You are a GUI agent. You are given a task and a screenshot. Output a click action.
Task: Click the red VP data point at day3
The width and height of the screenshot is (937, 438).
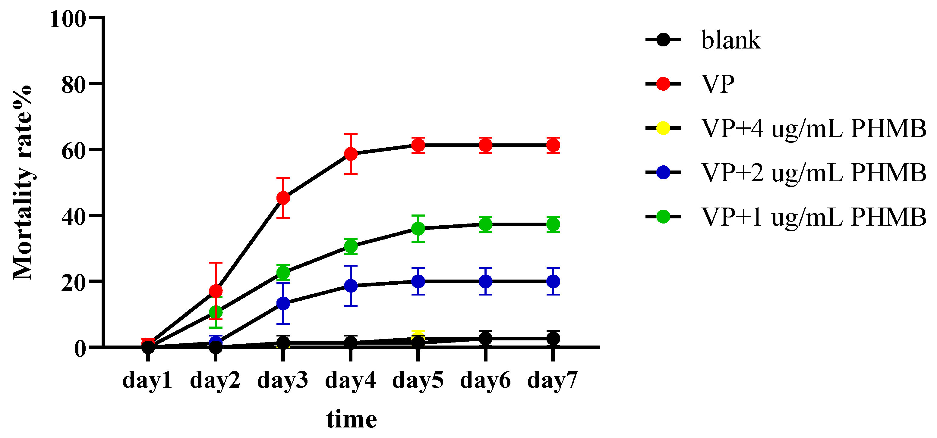(283, 198)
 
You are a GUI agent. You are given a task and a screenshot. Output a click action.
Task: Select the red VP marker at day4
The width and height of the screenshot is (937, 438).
(351, 154)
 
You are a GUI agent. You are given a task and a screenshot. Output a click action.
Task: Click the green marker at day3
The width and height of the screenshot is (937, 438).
(283, 273)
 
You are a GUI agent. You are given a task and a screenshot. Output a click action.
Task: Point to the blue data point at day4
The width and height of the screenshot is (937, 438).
(351, 286)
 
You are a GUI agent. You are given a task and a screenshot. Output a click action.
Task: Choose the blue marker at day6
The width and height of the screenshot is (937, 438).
(485, 281)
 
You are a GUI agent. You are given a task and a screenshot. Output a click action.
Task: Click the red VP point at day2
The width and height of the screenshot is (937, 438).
(216, 291)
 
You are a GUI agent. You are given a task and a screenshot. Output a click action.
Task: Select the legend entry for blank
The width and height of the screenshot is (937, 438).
(730, 40)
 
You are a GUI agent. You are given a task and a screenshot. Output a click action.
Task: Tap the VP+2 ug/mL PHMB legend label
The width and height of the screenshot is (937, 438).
(813, 173)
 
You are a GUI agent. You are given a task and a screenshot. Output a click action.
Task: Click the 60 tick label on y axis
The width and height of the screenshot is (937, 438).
(74, 151)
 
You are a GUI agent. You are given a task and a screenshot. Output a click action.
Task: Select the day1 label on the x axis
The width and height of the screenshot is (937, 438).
(147, 380)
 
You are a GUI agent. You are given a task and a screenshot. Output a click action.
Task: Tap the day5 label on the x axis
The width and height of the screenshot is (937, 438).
(418, 380)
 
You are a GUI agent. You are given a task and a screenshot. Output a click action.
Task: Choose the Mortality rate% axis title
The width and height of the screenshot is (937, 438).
(23, 183)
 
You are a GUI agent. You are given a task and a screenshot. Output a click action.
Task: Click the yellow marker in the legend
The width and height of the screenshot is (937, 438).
(663, 128)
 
